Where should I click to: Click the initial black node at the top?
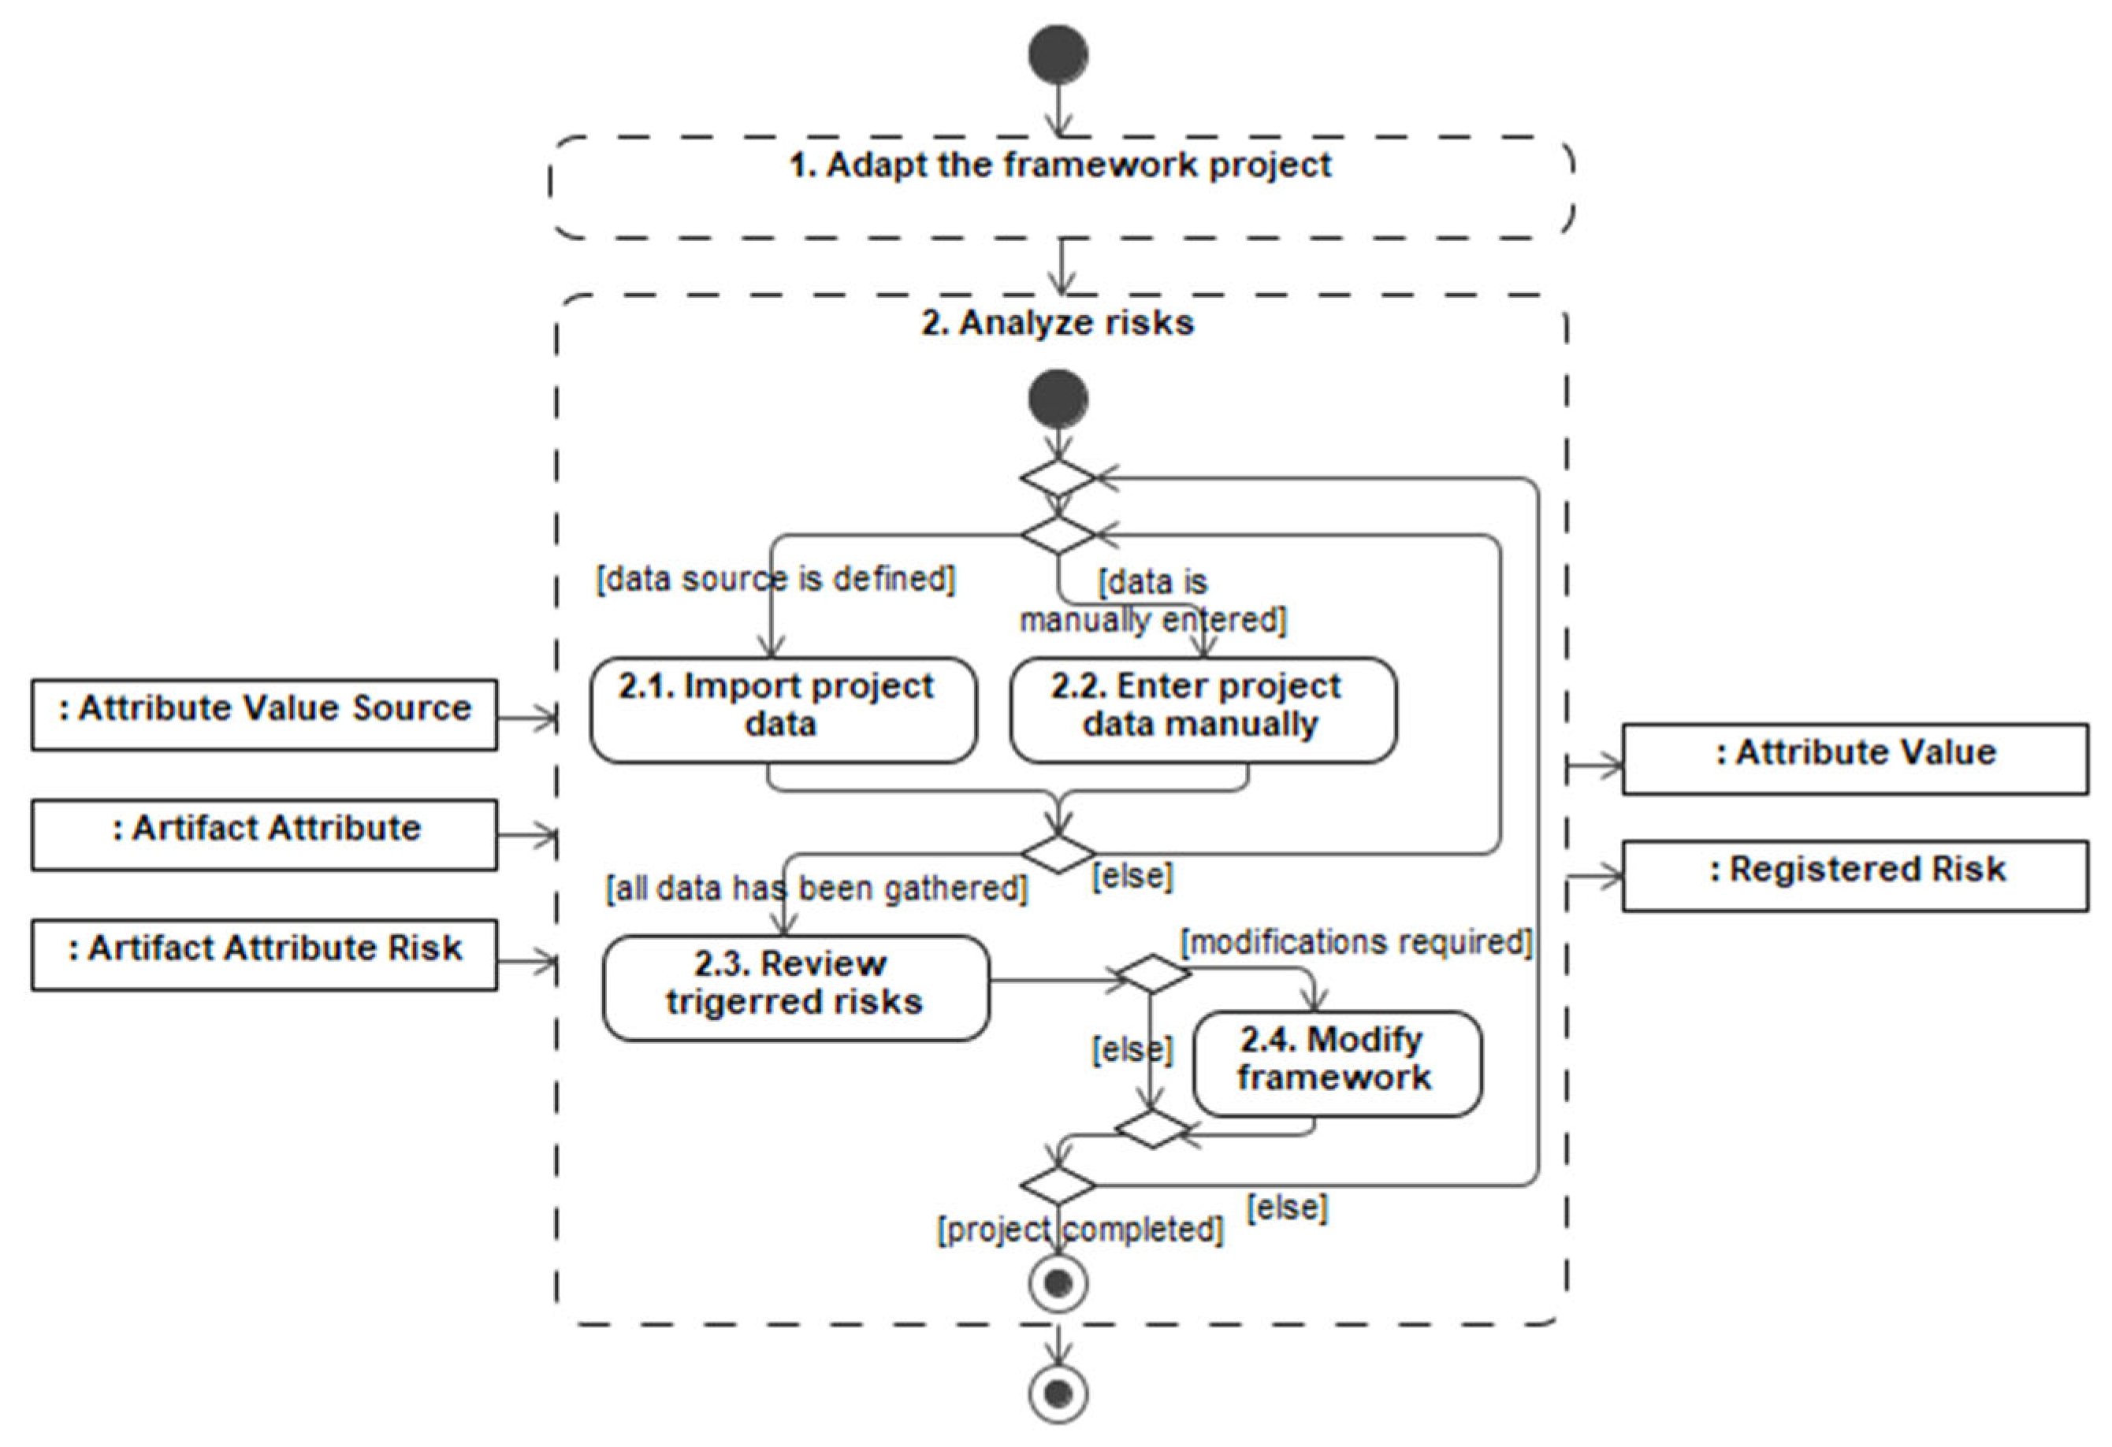[x=1058, y=54]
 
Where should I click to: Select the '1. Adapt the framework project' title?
[x=1060, y=165]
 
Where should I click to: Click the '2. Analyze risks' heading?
[x=1058, y=322]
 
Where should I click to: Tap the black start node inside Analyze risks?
[x=1058, y=399]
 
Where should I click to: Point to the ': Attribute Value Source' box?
[x=265, y=715]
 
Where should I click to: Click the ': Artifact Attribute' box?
[x=265, y=835]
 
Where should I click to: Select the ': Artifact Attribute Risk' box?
[x=265, y=955]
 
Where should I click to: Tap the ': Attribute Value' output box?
[x=1855, y=759]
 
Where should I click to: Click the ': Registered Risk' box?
[x=1855, y=875]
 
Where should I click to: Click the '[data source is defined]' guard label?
[x=775, y=579]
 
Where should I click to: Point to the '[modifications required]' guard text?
[x=1356, y=942]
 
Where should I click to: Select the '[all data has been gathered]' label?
[x=816, y=888]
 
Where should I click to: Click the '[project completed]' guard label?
[x=1080, y=1229]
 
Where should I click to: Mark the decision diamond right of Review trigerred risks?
[x=1152, y=974]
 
